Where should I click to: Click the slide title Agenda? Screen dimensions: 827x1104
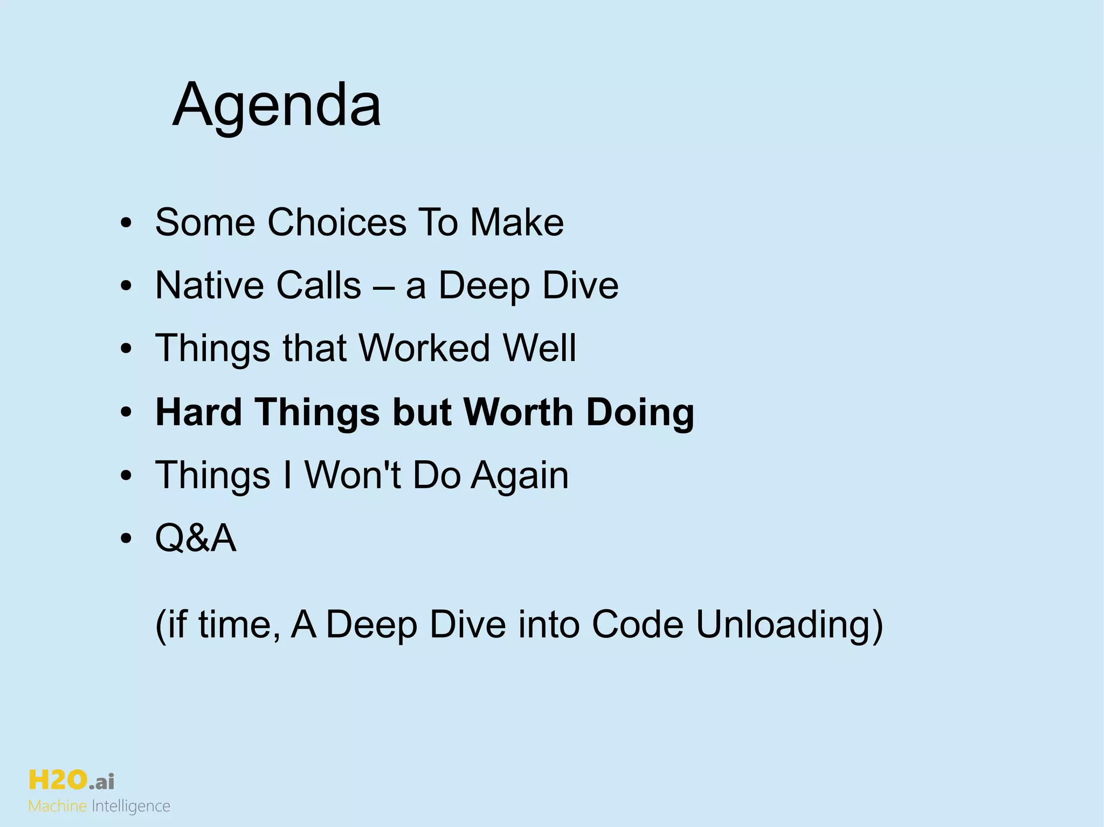click(277, 105)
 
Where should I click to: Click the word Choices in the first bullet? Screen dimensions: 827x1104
click(337, 222)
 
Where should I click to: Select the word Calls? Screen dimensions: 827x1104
click(318, 285)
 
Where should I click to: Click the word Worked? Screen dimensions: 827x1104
click(424, 348)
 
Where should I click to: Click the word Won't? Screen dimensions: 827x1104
click(353, 475)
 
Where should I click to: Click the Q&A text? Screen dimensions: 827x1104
click(196, 538)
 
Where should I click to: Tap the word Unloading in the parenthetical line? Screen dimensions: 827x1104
click(790, 625)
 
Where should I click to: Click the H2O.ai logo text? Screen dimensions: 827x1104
click(71, 780)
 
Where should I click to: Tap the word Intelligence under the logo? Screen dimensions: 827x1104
click(131, 807)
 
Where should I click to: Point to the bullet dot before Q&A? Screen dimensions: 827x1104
click(126, 539)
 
